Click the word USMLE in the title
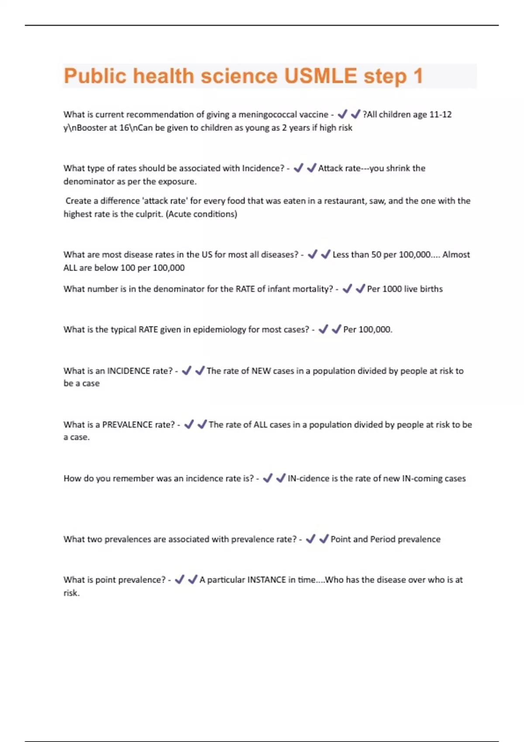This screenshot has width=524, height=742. (320, 76)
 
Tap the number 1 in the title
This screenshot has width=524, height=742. (418, 76)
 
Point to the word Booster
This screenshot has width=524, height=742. (91, 128)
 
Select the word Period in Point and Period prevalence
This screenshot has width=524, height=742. (383, 539)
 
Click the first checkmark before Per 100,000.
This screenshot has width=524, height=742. (323, 330)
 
